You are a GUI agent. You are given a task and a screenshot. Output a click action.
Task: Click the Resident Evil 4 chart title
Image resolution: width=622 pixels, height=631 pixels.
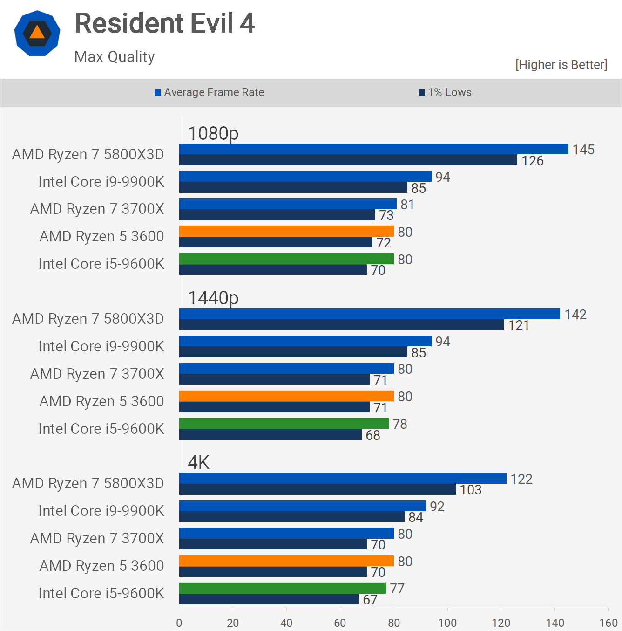click(165, 23)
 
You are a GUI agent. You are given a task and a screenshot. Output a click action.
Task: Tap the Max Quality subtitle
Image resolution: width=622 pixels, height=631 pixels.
click(115, 57)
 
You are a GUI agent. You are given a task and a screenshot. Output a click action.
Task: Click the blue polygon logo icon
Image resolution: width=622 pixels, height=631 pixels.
click(37, 33)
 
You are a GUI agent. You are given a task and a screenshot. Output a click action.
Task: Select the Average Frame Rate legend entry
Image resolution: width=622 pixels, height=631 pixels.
click(210, 92)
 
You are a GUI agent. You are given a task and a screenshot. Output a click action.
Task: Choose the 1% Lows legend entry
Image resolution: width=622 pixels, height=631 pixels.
click(445, 92)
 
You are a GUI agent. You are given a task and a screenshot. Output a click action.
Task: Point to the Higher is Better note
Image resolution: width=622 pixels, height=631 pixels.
click(561, 64)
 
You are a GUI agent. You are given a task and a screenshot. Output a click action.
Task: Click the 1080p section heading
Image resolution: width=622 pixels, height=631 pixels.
click(213, 133)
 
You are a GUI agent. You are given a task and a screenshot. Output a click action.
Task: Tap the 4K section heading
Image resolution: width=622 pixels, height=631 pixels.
click(198, 462)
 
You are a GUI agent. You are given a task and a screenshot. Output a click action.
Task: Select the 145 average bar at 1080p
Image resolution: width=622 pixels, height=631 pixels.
click(373, 149)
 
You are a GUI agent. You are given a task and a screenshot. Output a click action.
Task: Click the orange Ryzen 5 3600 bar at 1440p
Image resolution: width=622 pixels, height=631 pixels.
click(286, 396)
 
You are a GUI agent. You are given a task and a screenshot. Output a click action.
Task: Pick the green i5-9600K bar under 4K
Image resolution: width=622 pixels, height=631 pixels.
click(283, 588)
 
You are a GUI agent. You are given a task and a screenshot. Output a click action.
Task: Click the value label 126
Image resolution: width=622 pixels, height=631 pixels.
click(533, 161)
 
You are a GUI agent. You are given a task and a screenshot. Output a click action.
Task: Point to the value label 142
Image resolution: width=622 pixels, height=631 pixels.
click(575, 315)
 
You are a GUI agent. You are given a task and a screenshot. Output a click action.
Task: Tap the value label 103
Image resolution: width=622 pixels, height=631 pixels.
click(471, 490)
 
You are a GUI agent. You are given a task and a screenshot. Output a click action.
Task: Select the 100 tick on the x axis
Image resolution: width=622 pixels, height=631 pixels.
click(447, 623)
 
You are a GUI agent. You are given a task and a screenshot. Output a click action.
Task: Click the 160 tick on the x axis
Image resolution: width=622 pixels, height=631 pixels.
click(608, 623)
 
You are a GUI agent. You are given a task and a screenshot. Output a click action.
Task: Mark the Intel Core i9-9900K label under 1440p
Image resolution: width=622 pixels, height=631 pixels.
click(101, 346)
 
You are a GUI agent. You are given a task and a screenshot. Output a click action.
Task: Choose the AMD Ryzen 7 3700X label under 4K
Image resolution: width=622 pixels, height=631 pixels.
click(97, 538)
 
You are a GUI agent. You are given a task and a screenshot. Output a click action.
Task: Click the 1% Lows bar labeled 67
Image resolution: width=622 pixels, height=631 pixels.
click(269, 599)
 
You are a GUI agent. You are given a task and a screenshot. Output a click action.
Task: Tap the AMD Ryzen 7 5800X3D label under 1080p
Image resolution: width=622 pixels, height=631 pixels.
click(88, 154)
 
